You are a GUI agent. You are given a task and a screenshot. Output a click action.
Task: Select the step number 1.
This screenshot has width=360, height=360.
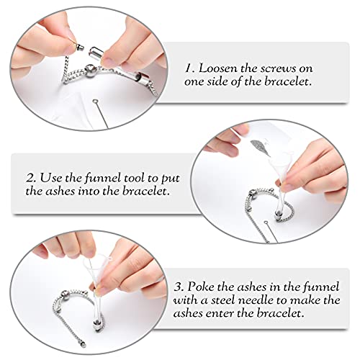pos(189,68)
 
